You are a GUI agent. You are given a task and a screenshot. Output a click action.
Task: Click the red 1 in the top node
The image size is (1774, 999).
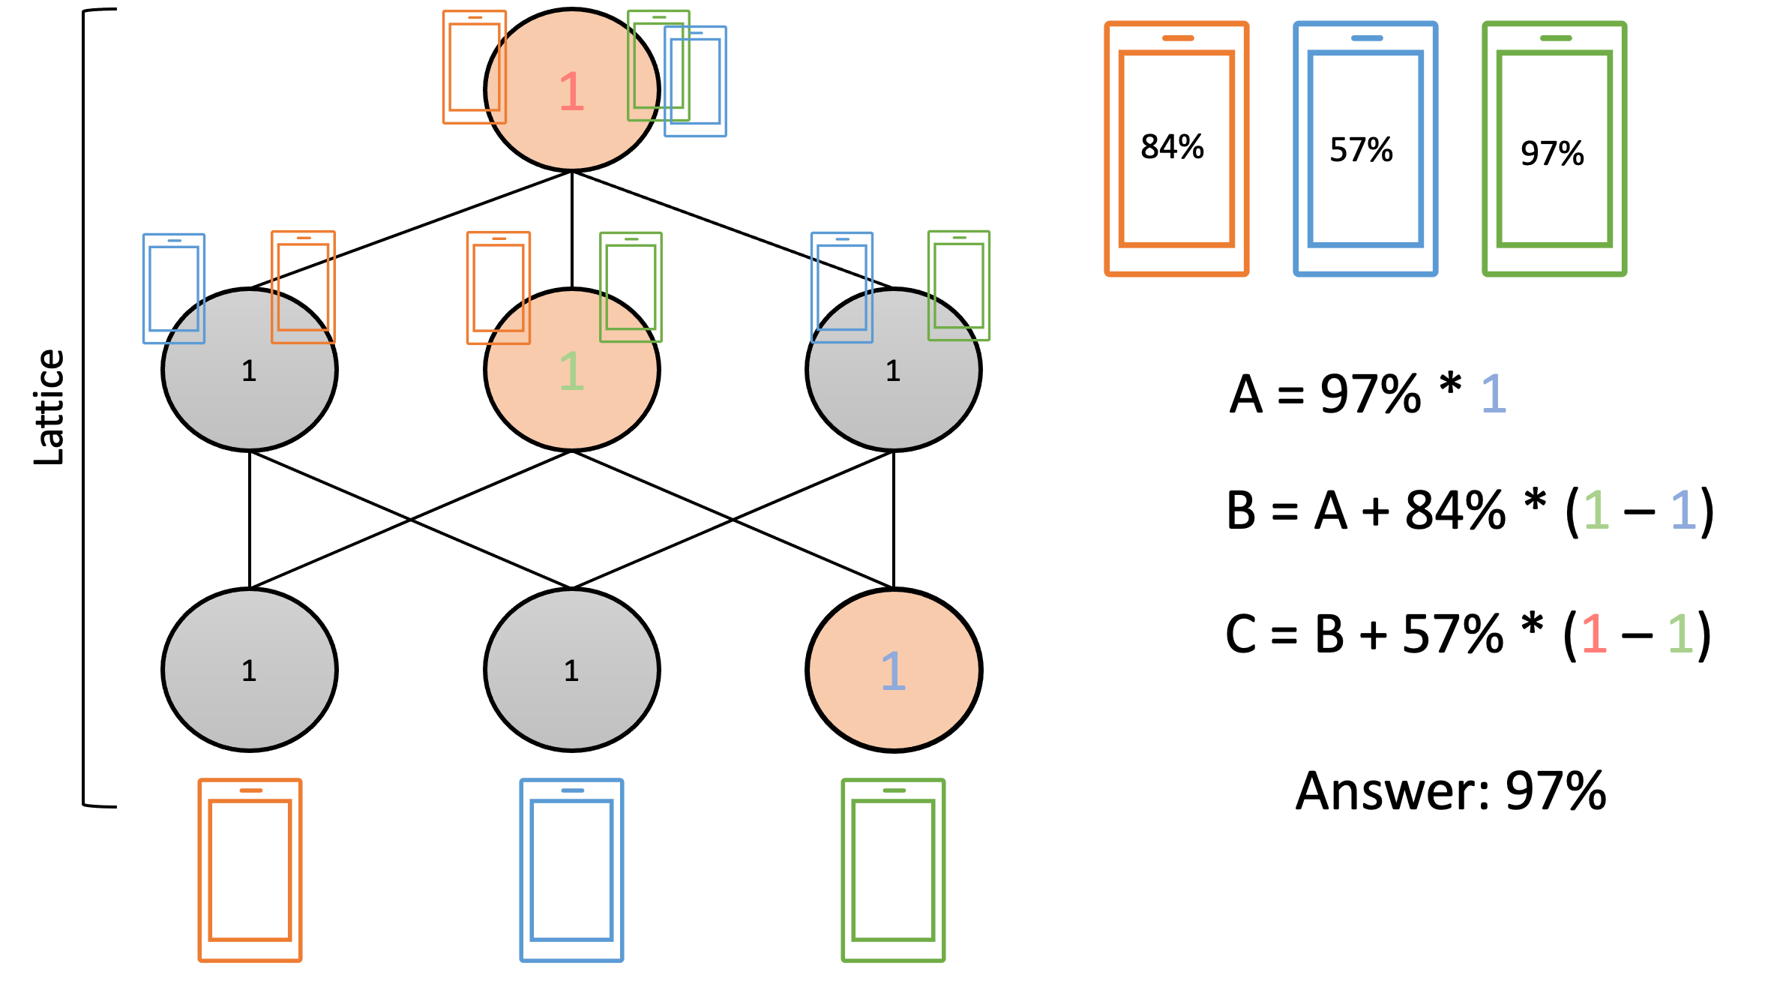(x=571, y=91)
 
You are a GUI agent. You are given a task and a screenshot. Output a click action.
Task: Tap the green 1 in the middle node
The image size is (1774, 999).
(x=571, y=370)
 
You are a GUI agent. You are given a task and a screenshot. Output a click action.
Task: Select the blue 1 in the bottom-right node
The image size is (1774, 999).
(x=893, y=670)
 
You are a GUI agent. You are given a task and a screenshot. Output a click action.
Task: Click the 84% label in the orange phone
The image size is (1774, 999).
(x=1172, y=147)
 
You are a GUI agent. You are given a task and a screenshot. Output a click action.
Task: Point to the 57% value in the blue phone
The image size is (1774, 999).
(x=1361, y=150)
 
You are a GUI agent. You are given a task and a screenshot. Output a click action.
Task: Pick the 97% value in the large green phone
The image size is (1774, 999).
(x=1552, y=154)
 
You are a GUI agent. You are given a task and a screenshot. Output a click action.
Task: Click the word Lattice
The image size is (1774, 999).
(x=49, y=406)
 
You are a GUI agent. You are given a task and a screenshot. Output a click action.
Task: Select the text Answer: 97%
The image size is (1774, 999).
(x=1451, y=791)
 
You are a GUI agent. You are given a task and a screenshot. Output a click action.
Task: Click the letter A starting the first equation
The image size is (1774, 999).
(x=1246, y=394)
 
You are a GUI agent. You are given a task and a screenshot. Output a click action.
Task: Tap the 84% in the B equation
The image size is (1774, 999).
(x=1455, y=511)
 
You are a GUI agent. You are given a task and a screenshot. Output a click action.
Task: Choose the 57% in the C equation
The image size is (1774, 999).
(x=1452, y=634)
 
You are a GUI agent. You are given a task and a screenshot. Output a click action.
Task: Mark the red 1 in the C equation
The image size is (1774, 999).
(x=1594, y=634)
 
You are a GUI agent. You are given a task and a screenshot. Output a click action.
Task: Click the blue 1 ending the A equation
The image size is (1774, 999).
(x=1494, y=394)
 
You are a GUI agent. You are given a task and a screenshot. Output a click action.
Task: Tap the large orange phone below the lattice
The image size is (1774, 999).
(x=250, y=870)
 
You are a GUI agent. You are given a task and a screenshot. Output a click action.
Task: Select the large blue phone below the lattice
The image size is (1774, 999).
(x=571, y=870)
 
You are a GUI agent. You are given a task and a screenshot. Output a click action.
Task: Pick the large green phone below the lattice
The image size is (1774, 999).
(x=893, y=870)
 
